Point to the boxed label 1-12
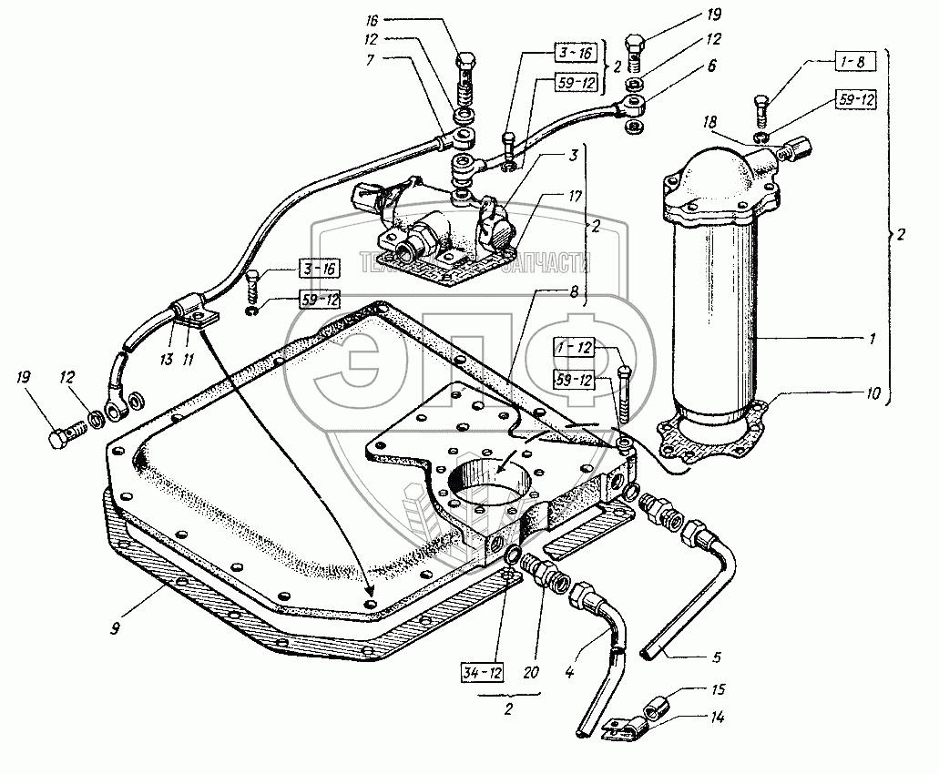(573, 348)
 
